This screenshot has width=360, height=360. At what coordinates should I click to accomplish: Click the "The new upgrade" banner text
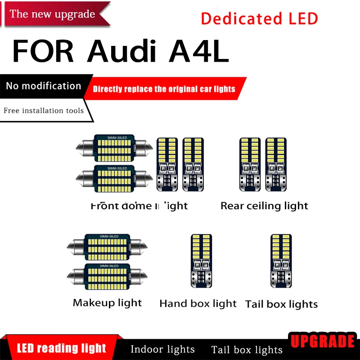(x=52, y=14)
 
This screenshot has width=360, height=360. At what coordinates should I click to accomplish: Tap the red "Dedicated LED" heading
(x=259, y=18)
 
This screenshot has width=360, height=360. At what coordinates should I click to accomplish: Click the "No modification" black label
(x=44, y=86)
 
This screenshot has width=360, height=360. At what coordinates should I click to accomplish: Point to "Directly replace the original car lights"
(x=164, y=89)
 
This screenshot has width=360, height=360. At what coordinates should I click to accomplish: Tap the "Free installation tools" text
(x=44, y=110)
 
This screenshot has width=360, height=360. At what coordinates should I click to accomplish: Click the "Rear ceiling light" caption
(x=264, y=206)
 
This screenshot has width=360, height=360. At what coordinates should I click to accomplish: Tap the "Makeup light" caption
(x=107, y=303)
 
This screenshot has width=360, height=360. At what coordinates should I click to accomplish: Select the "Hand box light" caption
(x=198, y=304)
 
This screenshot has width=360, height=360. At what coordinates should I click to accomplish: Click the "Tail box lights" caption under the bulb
(x=281, y=304)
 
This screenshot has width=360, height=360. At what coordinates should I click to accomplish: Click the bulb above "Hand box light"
(x=201, y=261)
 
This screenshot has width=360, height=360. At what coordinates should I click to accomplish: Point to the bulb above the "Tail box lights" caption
(x=281, y=261)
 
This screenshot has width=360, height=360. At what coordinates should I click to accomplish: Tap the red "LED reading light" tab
(x=62, y=348)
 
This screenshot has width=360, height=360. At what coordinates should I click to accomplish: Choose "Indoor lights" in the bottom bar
(x=162, y=349)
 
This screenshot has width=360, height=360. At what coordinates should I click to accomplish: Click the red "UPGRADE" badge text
(x=322, y=341)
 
